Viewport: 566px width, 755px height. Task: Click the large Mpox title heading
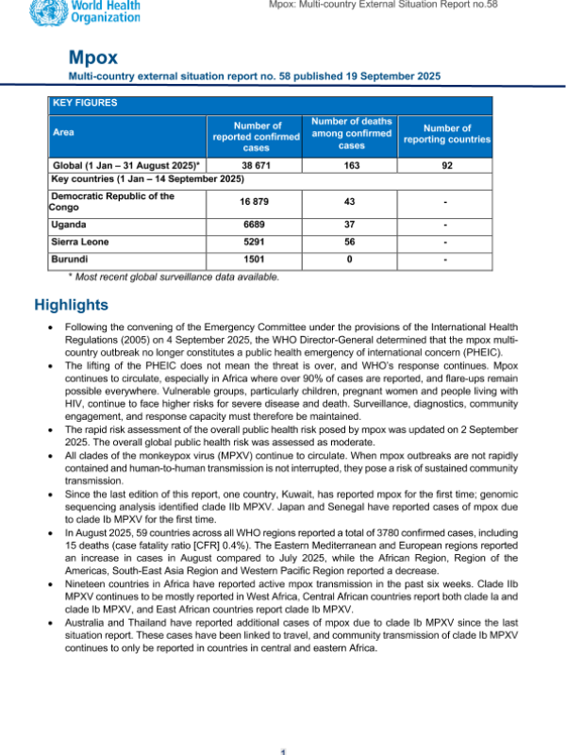(x=92, y=58)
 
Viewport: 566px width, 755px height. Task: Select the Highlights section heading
(x=72, y=305)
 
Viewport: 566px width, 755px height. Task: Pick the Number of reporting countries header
(x=446, y=134)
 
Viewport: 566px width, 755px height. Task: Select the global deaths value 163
(x=351, y=165)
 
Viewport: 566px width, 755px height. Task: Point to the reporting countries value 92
(x=446, y=165)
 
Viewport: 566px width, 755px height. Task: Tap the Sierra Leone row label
(x=79, y=242)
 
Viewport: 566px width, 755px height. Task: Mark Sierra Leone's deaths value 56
(x=351, y=242)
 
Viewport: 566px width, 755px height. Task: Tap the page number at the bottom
(x=283, y=750)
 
